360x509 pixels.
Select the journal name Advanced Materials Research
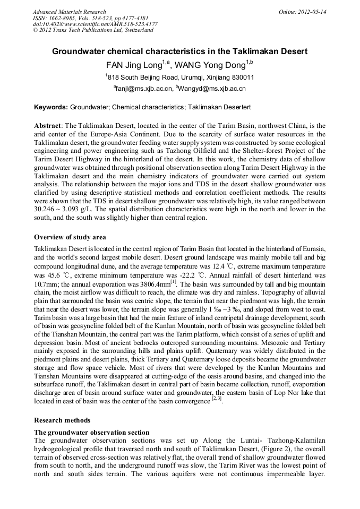pos(69,11)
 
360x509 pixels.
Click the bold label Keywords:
pos(51,107)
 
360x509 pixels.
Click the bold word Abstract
pos(47,126)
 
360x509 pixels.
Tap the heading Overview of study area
pos(70,237)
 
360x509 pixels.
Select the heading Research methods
pos(62,420)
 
